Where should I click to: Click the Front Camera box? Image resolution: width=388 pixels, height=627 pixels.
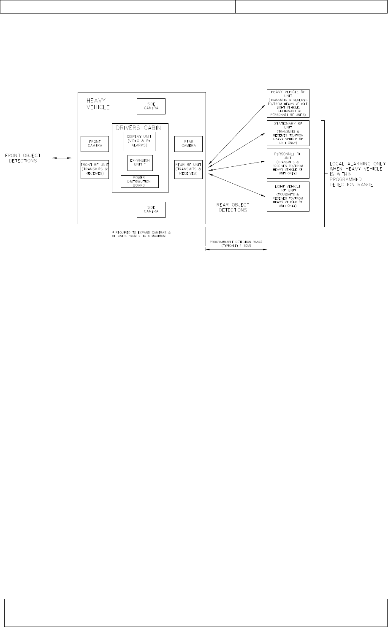coord(95,144)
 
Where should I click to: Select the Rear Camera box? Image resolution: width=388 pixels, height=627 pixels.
coord(188,144)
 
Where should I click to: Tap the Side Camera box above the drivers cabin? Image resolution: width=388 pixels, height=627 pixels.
coord(151,106)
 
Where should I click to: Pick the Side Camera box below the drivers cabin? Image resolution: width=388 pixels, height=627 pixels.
coord(151,210)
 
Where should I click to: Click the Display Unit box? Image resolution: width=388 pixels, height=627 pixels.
coord(139,141)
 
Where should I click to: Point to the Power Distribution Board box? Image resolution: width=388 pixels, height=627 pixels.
coord(139,181)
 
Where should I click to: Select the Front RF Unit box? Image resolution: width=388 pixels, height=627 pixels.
coord(95,169)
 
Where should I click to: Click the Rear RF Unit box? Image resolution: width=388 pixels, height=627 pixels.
coord(188,169)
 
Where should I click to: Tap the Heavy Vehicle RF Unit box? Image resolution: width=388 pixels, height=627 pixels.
coord(288,103)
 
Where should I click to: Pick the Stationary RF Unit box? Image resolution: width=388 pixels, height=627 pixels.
coord(288,133)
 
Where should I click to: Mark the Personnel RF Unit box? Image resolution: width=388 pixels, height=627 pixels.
coord(288,163)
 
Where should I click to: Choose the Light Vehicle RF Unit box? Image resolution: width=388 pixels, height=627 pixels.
coord(288,196)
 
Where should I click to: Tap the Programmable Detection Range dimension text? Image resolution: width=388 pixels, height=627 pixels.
coord(236,243)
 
